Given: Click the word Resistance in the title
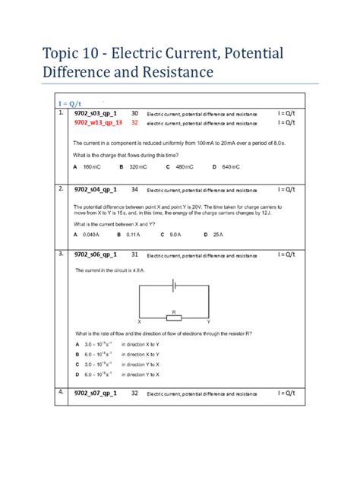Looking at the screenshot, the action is coord(172,73).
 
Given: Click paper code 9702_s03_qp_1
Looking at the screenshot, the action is coord(96,113).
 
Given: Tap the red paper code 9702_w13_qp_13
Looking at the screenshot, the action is coord(98,122).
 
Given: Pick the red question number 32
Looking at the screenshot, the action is coord(134,122).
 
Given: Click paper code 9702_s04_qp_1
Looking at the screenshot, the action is coord(96,189).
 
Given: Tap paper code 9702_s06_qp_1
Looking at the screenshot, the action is coord(96,254).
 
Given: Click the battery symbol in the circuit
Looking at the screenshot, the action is coord(173,285).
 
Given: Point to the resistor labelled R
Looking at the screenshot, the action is coord(174,318).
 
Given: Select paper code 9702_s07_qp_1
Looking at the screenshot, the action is coord(96,393).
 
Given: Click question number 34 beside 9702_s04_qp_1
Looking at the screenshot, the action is coord(134,189).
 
